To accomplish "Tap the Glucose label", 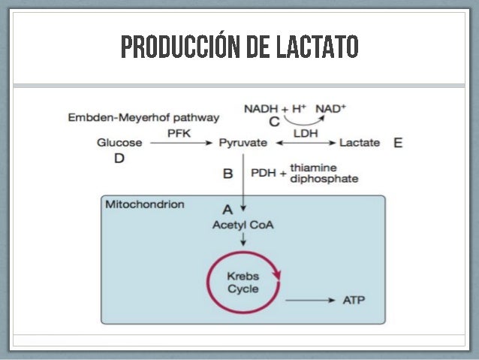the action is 119,142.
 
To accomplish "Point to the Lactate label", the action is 360,142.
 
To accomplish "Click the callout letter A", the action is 227,207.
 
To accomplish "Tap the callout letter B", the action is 228,174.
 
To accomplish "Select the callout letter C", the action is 274,121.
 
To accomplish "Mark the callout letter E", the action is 397,142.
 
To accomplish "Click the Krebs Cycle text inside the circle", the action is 243,283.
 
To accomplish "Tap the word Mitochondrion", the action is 145,204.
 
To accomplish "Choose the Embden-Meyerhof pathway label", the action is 143,117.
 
